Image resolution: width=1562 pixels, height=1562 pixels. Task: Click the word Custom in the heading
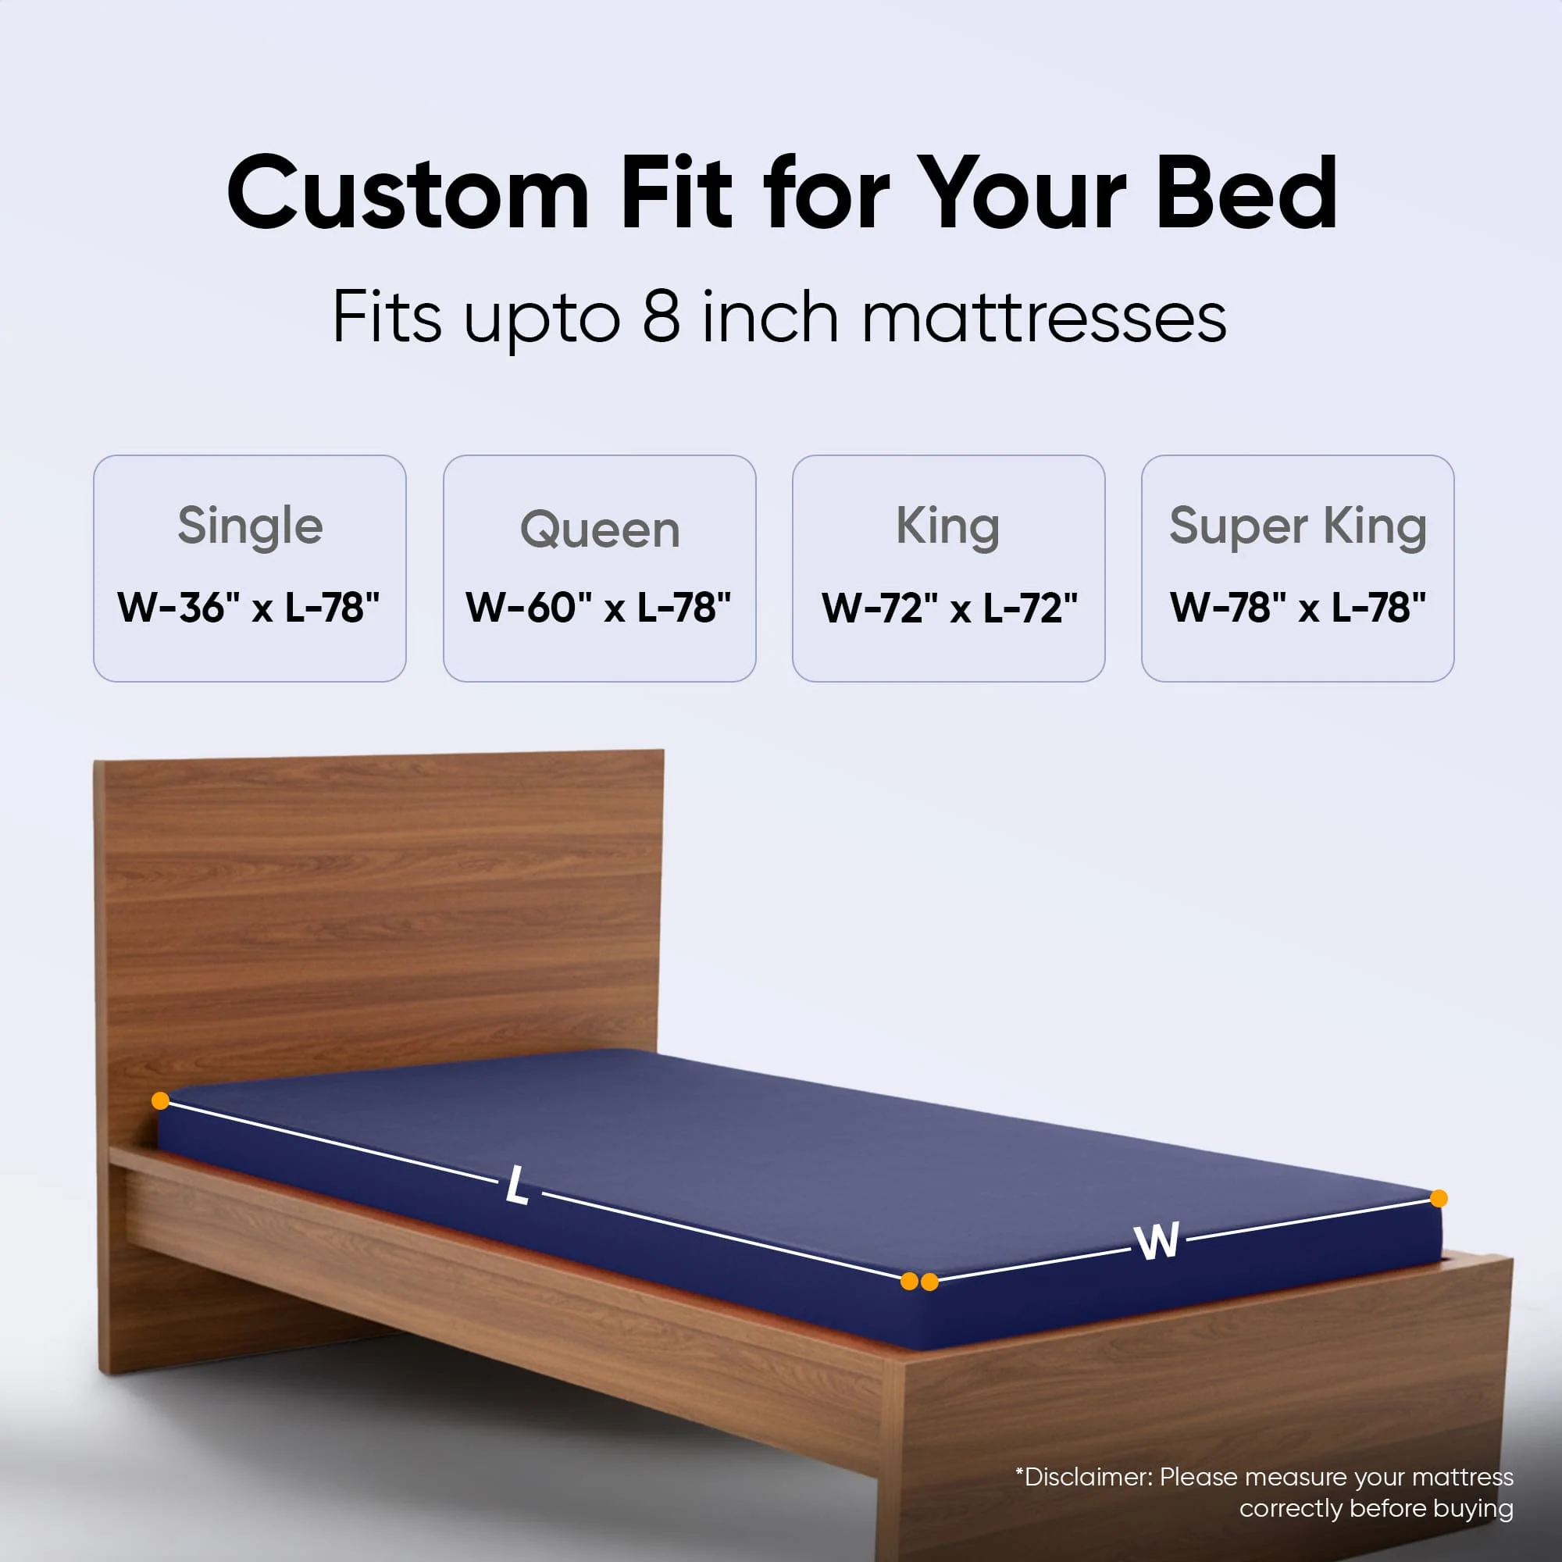point(408,194)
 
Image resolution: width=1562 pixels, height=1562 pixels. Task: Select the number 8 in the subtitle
point(661,317)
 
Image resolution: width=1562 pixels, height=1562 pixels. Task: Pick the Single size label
point(250,526)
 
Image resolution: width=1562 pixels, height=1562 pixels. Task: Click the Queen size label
point(599,530)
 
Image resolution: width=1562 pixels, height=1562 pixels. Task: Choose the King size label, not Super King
point(947,526)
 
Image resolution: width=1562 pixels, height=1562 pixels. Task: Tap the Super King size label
point(1296,526)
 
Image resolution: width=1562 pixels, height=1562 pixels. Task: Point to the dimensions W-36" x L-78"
point(248,607)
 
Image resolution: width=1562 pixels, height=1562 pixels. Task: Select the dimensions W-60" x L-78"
point(598,607)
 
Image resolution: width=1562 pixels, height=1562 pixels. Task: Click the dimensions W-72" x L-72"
point(949,607)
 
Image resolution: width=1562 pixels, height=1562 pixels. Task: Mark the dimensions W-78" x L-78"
point(1297,607)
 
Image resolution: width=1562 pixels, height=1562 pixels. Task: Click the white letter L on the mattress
point(518,1188)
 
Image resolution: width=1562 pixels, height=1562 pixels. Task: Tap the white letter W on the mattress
point(1156,1241)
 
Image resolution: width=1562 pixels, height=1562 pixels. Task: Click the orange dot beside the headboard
point(160,1100)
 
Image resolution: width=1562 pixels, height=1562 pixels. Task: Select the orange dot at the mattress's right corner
point(1439,1198)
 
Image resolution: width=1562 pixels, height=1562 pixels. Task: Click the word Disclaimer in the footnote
point(1084,1477)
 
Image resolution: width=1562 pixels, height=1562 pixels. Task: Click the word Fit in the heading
point(676,194)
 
